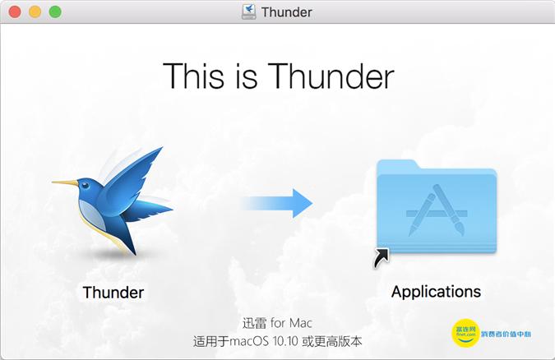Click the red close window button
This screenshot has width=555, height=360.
pos(14,12)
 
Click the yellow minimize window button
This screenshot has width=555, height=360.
pos(35,12)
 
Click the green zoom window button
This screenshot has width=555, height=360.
pos(55,12)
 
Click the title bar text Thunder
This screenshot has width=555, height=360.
pos(286,12)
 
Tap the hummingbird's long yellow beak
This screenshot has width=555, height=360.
pos(65,182)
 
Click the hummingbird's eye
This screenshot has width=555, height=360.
pos(92,180)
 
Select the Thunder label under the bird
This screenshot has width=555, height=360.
pos(113,292)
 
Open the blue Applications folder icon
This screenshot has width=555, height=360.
pos(437,210)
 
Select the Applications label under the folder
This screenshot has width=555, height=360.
pos(436,292)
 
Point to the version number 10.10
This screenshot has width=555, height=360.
pos(303,340)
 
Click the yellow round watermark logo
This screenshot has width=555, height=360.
pos(465,333)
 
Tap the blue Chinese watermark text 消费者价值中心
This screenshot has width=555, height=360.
pos(515,334)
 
